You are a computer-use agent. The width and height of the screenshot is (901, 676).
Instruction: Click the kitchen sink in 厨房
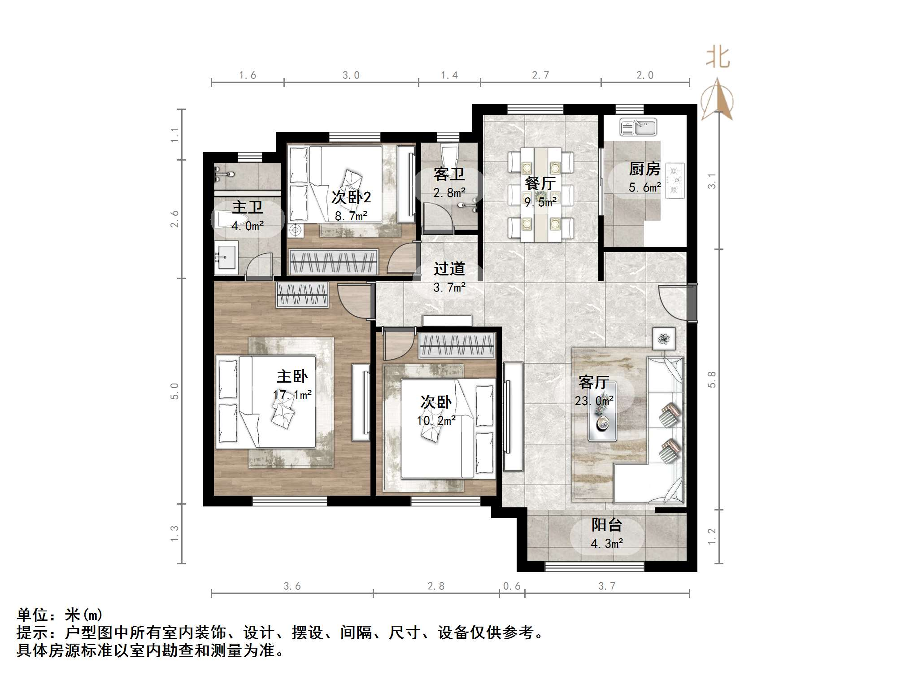(x=638, y=127)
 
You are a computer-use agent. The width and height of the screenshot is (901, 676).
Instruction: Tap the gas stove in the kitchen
(x=675, y=181)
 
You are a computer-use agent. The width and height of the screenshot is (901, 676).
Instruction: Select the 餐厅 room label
(x=540, y=183)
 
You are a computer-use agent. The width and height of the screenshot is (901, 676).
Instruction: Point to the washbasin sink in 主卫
(x=226, y=257)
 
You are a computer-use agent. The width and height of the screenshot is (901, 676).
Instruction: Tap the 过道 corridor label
(x=449, y=269)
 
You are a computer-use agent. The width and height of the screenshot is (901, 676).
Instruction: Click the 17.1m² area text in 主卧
(x=292, y=395)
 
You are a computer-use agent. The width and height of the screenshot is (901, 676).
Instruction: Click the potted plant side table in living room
(x=664, y=339)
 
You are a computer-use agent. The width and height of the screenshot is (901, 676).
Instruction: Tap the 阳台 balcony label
(x=606, y=525)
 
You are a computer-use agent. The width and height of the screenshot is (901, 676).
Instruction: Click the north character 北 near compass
(x=718, y=58)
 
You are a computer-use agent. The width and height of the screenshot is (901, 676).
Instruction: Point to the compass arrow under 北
(x=717, y=100)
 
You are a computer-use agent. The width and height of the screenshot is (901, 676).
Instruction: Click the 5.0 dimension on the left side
(x=174, y=391)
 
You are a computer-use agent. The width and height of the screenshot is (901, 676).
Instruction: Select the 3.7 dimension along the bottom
(x=606, y=586)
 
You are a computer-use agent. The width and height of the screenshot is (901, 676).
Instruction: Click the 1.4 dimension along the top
(x=449, y=75)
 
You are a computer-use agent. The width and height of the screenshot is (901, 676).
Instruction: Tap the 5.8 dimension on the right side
(x=712, y=379)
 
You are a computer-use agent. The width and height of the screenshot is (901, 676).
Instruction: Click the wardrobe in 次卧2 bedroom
(x=333, y=262)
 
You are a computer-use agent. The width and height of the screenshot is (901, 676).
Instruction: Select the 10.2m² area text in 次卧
(x=436, y=421)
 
